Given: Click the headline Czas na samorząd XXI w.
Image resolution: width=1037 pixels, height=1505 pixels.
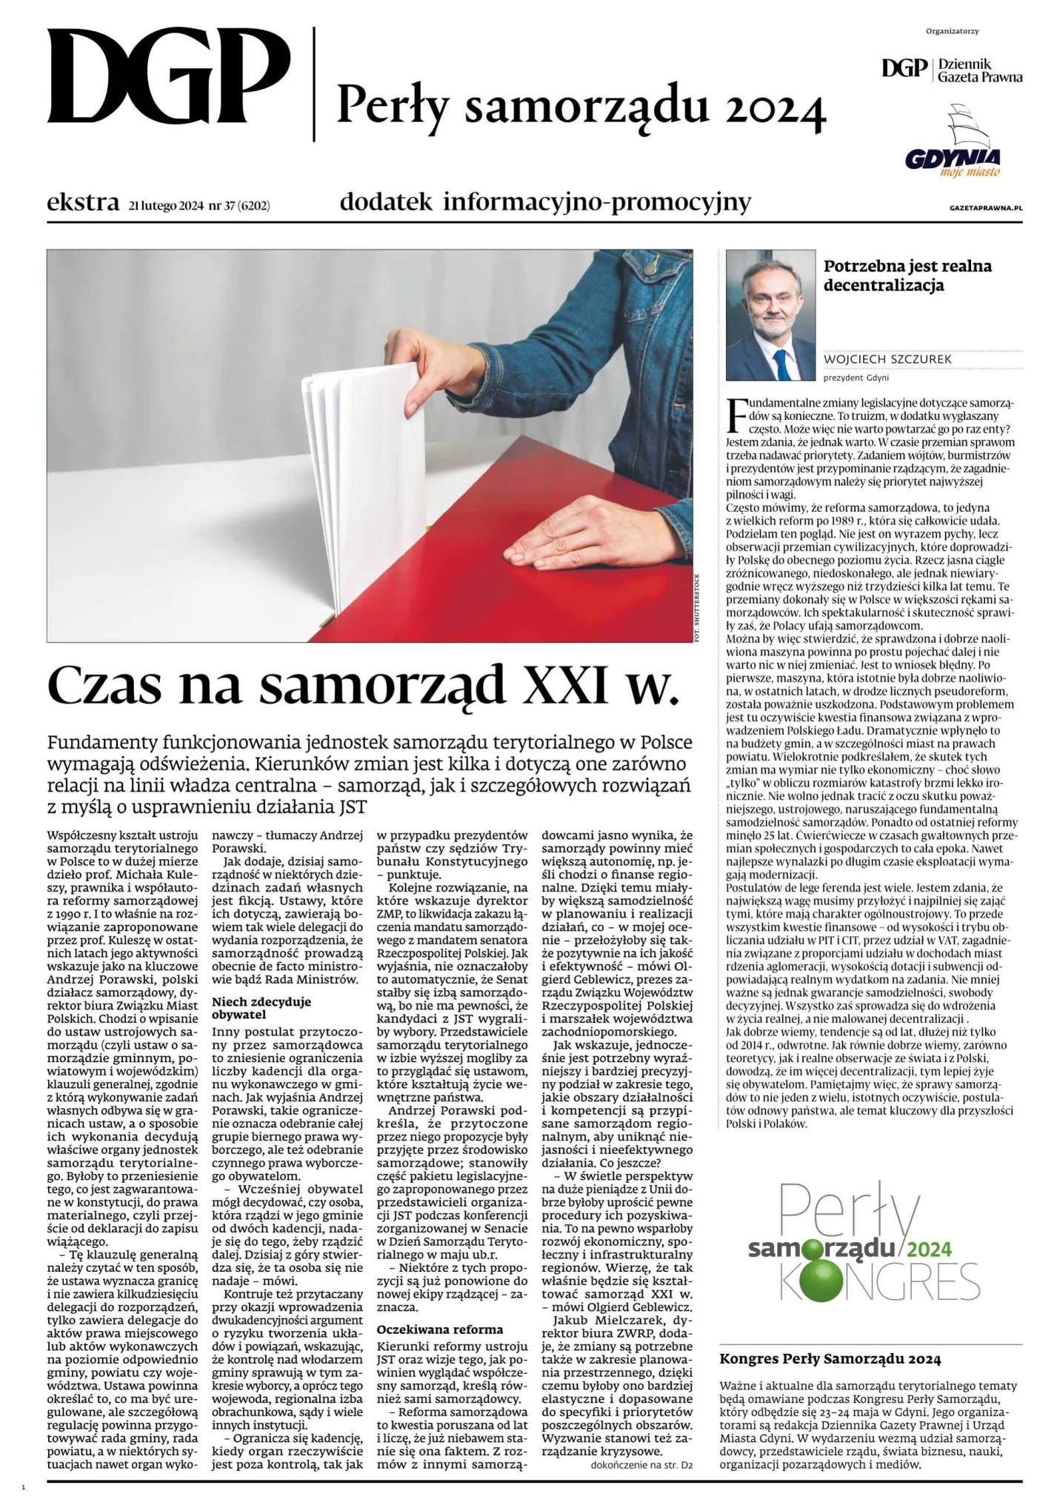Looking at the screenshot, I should click(363, 685).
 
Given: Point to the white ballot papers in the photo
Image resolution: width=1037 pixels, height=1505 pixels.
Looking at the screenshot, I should click(363, 474).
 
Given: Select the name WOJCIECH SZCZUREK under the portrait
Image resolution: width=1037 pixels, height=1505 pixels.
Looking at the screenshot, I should click(887, 359).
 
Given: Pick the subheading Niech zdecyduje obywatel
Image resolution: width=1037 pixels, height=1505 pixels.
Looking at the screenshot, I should click(261, 1007).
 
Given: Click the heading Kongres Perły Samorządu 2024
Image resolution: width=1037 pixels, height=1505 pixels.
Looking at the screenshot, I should click(830, 1358).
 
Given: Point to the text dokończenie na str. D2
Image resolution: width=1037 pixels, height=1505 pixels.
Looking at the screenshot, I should click(642, 1464).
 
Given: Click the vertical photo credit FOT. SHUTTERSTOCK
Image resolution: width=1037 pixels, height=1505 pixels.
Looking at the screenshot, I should click(697, 607).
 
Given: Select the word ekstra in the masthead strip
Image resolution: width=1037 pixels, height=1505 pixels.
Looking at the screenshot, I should click(82, 202).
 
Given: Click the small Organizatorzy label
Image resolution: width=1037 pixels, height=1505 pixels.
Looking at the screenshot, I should click(952, 31).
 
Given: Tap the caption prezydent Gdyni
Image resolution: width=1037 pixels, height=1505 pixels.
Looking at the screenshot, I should click(856, 378).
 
